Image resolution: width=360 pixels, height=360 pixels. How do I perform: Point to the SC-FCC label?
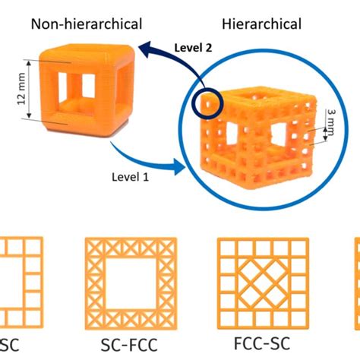[129, 345]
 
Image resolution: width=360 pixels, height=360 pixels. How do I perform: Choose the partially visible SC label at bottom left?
[10, 345]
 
